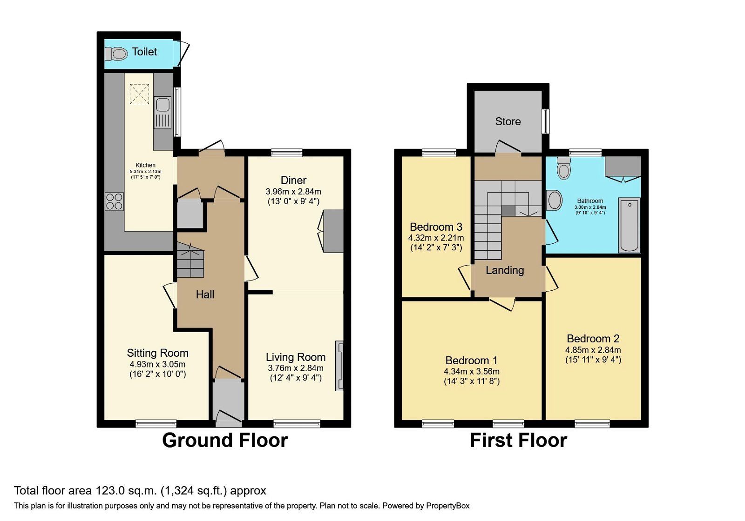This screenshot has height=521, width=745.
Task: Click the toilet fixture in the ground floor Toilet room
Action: pos(116,54)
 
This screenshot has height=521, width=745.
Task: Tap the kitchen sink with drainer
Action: pos(163,112)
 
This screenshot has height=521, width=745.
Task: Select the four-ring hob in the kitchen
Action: pos(114,201)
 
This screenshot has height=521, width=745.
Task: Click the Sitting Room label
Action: pos(157,353)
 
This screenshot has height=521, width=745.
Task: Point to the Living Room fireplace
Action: pos(339,366)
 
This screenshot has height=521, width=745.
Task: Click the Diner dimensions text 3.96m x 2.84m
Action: pos(293,191)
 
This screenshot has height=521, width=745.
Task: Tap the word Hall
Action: pos(205,294)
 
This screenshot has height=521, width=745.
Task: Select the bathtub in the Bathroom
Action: pos(630,225)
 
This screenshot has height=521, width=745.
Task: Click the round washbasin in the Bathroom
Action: pos(554,200)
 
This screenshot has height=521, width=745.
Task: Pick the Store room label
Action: pos(508,121)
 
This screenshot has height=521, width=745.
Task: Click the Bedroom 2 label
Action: pos(593,339)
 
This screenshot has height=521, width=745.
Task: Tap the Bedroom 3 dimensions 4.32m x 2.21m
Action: pos(436,238)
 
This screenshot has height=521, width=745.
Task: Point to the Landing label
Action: pos(505,270)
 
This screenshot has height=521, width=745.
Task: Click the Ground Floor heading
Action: pos(225,440)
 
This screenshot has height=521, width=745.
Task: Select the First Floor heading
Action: pos(518,440)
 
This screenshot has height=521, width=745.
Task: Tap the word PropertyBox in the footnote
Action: pos(447,506)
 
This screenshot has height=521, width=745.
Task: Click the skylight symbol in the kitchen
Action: pos(139,94)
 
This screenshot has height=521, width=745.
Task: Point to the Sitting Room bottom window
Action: pos(156,423)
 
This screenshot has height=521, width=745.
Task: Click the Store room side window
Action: pos(546,121)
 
